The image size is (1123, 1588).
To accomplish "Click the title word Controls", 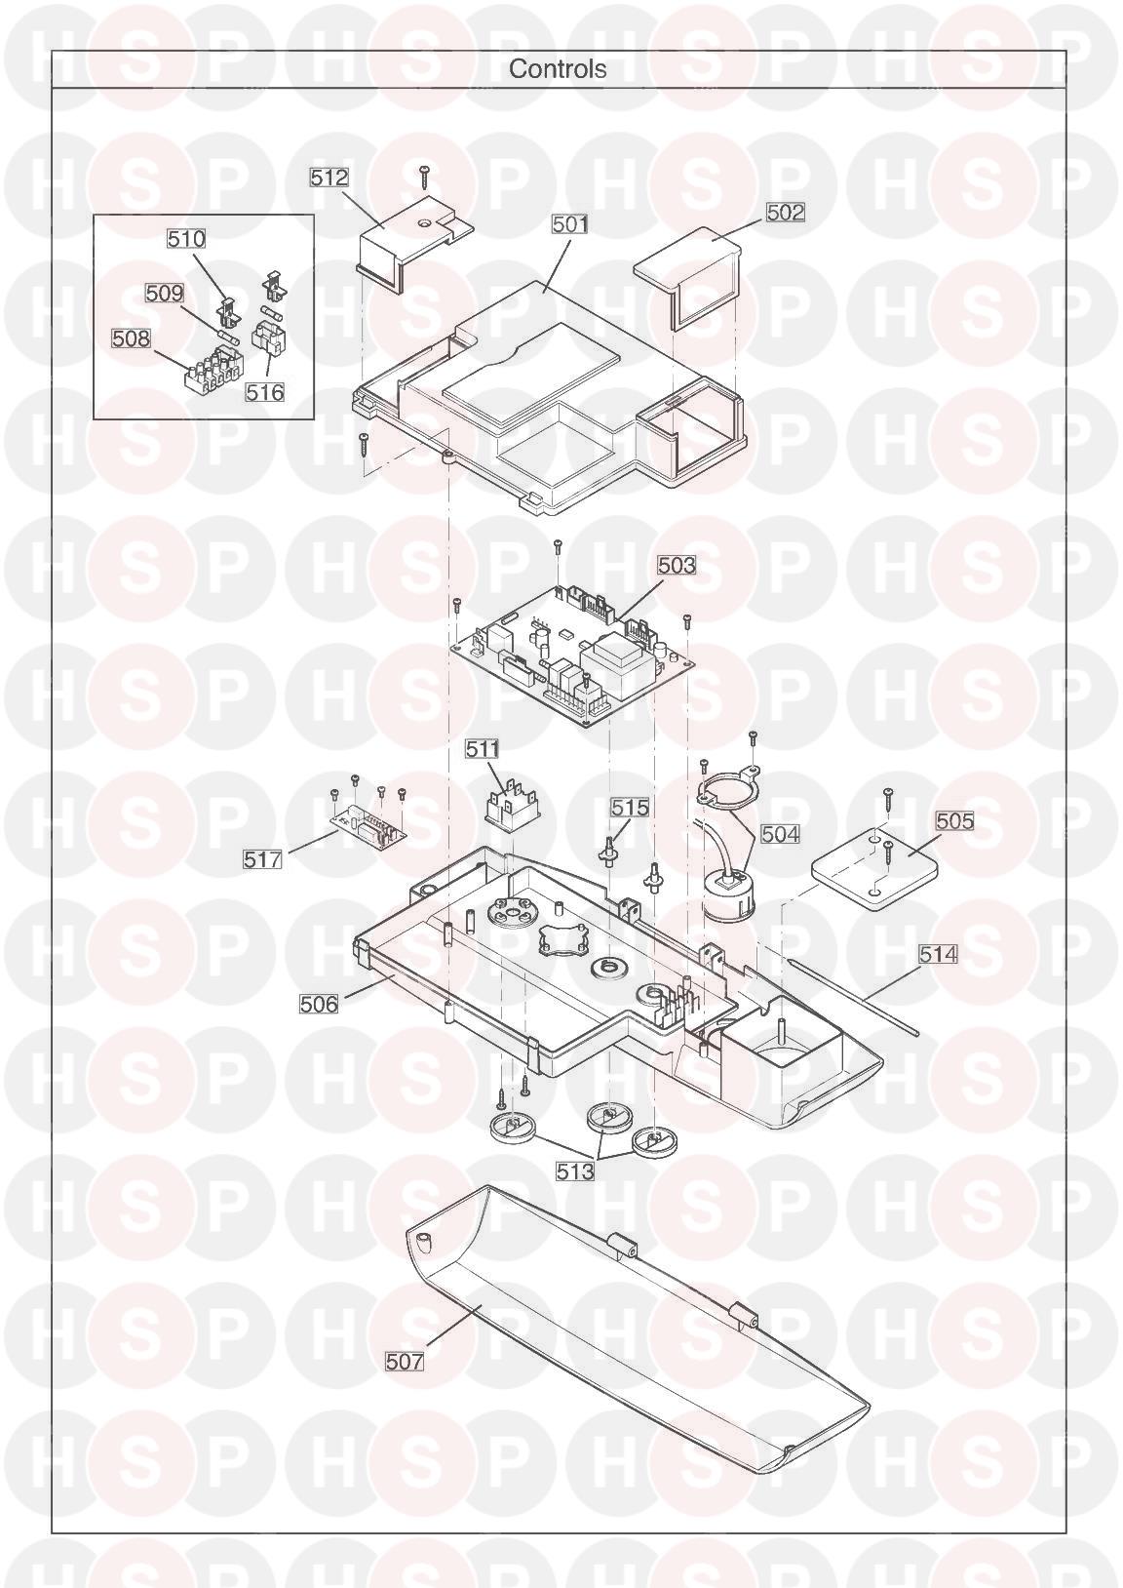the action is pos(558,68).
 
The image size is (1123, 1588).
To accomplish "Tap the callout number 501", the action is pos(570,224).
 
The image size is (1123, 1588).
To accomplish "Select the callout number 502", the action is pos(786,212).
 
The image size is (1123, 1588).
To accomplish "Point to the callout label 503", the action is pos(677,565).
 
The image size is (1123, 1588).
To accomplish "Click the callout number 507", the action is pos(404,1361).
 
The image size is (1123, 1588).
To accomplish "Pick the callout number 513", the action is pos(574,1171).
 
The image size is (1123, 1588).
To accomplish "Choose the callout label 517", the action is pos(262,860).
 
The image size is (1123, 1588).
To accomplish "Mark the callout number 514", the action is pos(938,954).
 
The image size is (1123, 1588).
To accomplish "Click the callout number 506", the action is pos(320,1004).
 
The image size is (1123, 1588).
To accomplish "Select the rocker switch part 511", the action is pos(510,805).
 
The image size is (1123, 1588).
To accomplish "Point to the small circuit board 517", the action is pos(368,826).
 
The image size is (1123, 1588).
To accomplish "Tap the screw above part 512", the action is pos(424,176).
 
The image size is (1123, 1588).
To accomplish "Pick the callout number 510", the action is pos(186,239).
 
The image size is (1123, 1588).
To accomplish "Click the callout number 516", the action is pos(265,392).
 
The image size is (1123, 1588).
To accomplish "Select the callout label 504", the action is pos(780,834).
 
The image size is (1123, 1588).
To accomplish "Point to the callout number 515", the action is pos(630,807).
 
